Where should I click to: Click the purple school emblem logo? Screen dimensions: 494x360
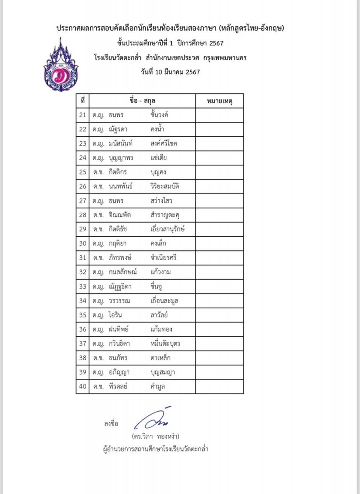tap(61, 66)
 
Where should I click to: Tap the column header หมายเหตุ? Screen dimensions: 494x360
tap(219, 101)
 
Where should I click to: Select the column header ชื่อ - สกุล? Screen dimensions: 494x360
tap(142, 101)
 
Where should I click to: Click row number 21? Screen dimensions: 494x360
tap(82, 115)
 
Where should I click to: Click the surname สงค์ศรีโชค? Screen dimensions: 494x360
tap(164, 144)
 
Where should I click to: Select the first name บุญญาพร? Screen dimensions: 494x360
tap(124, 158)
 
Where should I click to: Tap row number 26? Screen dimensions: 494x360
tap(82, 186)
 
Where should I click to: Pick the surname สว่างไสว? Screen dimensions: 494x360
tap(162, 201)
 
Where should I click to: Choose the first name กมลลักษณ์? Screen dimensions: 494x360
tap(123, 272)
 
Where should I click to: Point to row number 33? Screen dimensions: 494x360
tap(82, 287)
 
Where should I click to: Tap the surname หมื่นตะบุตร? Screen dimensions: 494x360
tap(166, 343)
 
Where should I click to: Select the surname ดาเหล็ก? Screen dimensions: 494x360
tap(161, 358)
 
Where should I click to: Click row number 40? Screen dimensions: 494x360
tap(82, 386)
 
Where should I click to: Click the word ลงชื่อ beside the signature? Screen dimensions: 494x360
tap(111, 423)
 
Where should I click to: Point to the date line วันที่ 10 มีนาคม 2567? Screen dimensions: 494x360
tap(170, 72)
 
